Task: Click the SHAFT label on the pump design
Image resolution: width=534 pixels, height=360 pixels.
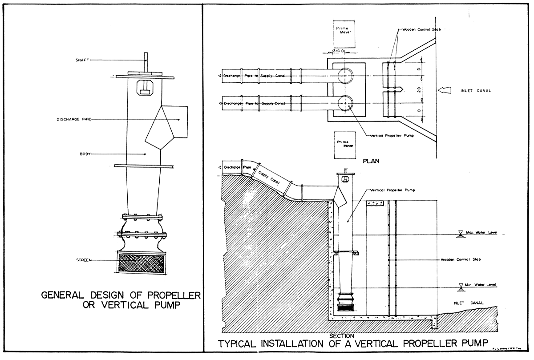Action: point(83,60)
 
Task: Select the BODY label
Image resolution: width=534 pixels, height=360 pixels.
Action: point(85,154)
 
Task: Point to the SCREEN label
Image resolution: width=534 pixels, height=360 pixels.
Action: point(84,260)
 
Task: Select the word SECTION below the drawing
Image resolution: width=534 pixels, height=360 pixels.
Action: point(342,336)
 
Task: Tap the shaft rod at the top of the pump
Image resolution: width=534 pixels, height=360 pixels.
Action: point(146,63)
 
